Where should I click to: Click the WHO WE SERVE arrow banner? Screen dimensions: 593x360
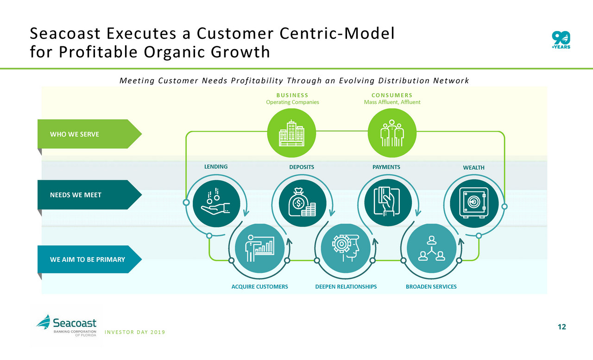89,134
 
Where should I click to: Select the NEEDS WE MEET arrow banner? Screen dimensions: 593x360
89,195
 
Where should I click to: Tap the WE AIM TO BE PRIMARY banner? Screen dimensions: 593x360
89,259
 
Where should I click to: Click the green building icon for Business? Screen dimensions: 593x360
291,133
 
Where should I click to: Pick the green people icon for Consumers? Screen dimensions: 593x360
392,133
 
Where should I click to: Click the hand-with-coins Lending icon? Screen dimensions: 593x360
216,203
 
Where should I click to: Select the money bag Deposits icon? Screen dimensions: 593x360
303,203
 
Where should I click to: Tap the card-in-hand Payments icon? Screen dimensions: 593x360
388,202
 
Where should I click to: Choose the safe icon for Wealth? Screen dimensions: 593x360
474,203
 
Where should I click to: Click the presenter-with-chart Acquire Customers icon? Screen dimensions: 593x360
260,248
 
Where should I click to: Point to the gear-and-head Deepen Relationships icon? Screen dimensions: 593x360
346,248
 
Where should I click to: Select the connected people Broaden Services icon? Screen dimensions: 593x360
431,248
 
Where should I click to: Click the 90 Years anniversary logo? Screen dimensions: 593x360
561,40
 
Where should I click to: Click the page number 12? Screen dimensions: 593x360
562,327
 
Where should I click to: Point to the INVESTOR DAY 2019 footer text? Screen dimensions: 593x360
135,332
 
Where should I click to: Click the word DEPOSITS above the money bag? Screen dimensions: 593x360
302,167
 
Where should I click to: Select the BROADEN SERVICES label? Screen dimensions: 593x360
431,287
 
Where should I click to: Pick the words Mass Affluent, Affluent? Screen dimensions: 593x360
392,102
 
